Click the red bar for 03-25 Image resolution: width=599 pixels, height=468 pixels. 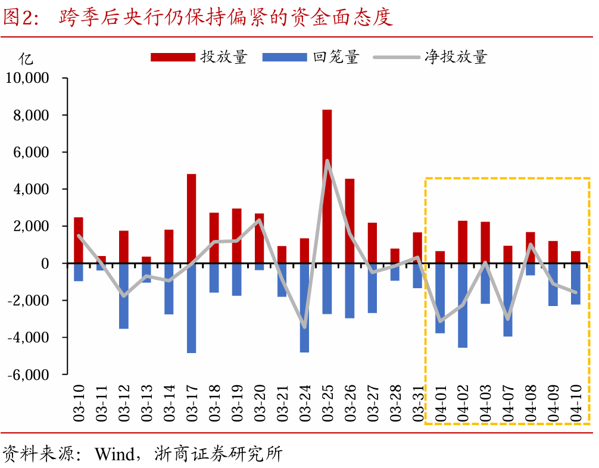pos(327,186)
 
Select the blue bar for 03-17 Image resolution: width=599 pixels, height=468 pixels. pos(191,308)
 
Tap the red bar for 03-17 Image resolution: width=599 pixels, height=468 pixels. pos(191,218)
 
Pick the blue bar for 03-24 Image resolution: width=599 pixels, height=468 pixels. pos(304,307)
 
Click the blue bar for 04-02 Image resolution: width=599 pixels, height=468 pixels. pos(463,305)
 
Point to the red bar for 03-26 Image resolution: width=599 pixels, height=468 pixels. pos(350,220)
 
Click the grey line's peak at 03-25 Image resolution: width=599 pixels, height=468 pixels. pos(327,160)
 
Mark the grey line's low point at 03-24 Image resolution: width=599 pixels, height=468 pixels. pos(304,327)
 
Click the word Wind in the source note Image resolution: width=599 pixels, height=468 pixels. pos(114,455)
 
